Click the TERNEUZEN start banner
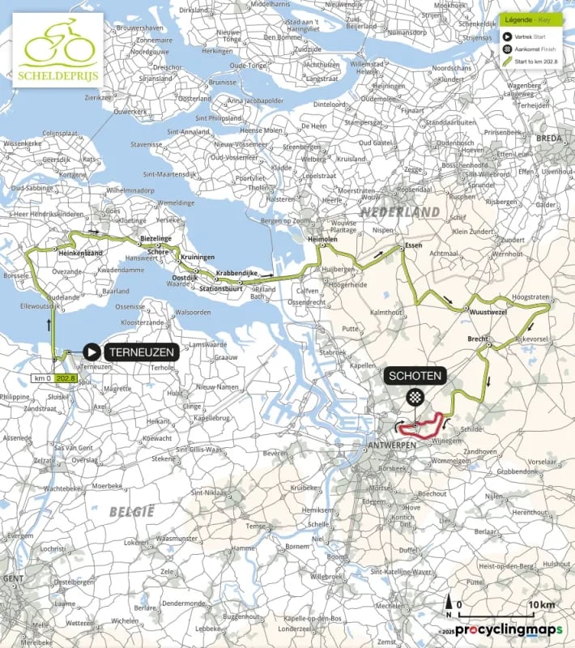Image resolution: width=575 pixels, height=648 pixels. [139, 352]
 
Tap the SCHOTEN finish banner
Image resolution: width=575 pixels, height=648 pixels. [415, 377]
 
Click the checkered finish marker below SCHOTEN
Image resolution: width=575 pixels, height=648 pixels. [415, 397]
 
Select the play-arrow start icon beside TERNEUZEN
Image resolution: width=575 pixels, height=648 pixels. [92, 352]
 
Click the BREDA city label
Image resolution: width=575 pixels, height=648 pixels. [549, 137]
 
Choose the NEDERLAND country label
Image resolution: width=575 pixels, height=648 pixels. [401, 211]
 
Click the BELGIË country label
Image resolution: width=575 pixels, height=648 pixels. [131, 511]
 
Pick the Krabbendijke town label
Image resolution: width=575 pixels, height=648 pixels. [236, 274]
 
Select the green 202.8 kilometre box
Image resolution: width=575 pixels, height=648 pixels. [65, 378]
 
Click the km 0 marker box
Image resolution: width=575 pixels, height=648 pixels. [41, 378]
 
